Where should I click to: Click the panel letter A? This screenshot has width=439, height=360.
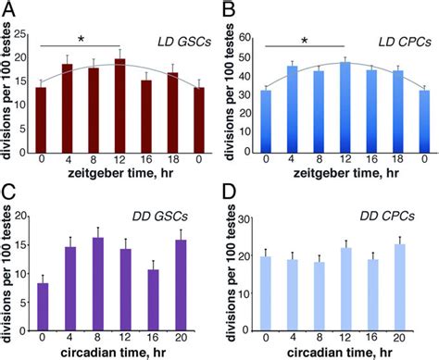[x=9, y=9]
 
